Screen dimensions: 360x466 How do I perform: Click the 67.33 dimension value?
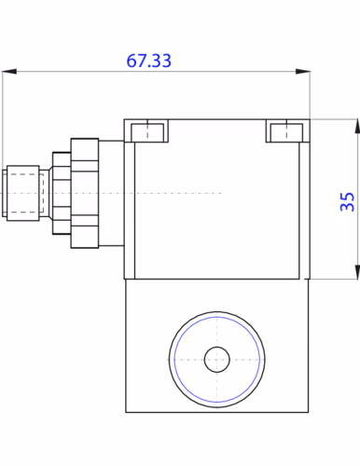click(148, 61)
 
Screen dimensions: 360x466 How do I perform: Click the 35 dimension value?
click(347, 202)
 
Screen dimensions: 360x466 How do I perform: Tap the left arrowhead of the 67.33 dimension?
click(9, 72)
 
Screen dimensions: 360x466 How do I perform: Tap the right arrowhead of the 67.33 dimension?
click(303, 72)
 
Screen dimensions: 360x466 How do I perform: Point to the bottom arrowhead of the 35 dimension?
click(357, 272)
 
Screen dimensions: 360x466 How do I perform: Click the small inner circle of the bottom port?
click(217, 360)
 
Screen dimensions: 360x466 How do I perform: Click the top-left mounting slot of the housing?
click(147, 132)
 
